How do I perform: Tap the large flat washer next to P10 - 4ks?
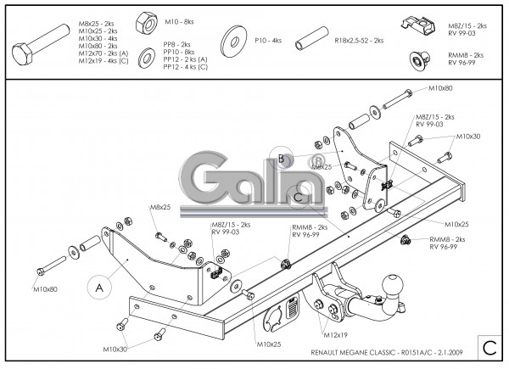(232, 39)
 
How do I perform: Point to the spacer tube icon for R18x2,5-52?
(311, 41)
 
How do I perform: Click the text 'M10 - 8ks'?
(178, 20)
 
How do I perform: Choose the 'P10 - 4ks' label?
(266, 39)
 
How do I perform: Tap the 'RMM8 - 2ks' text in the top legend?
(466, 55)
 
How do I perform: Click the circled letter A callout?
(99, 288)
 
